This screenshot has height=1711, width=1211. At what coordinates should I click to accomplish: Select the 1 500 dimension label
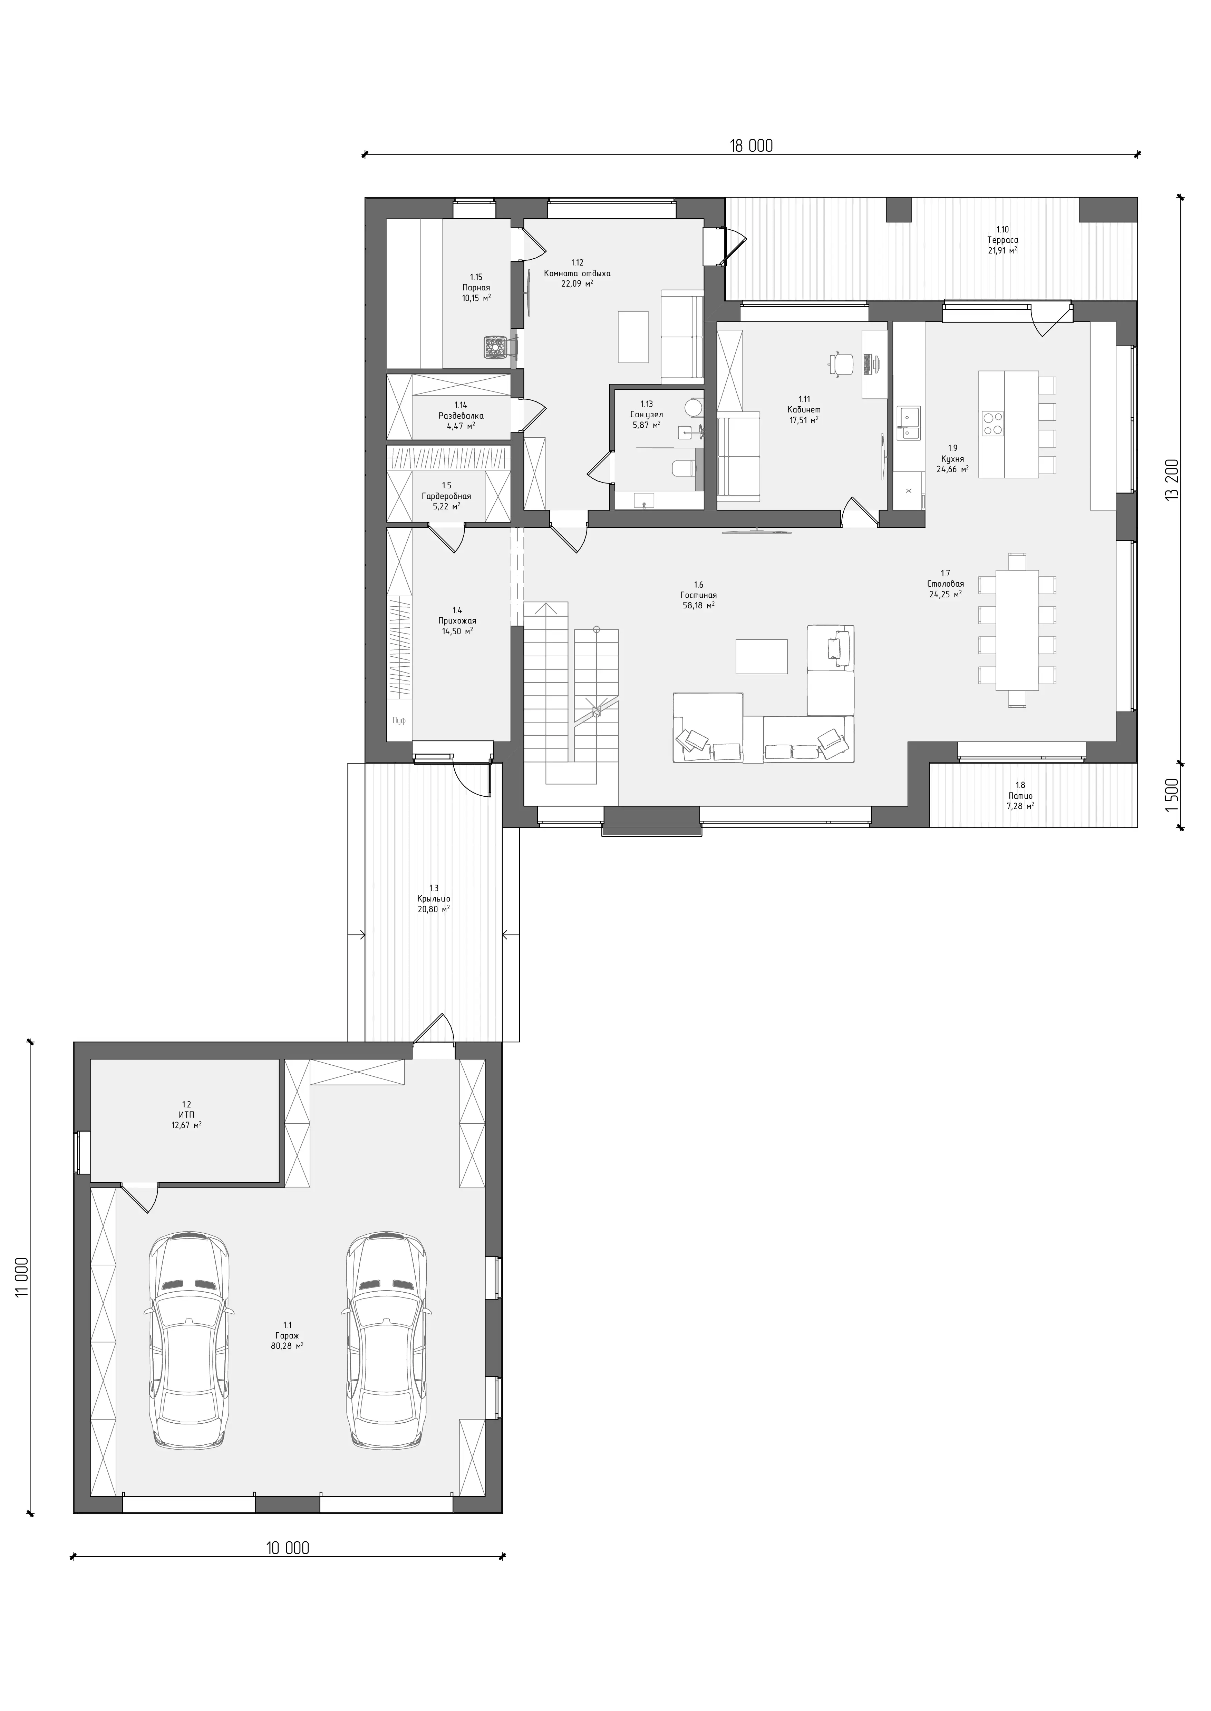(x=1173, y=794)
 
